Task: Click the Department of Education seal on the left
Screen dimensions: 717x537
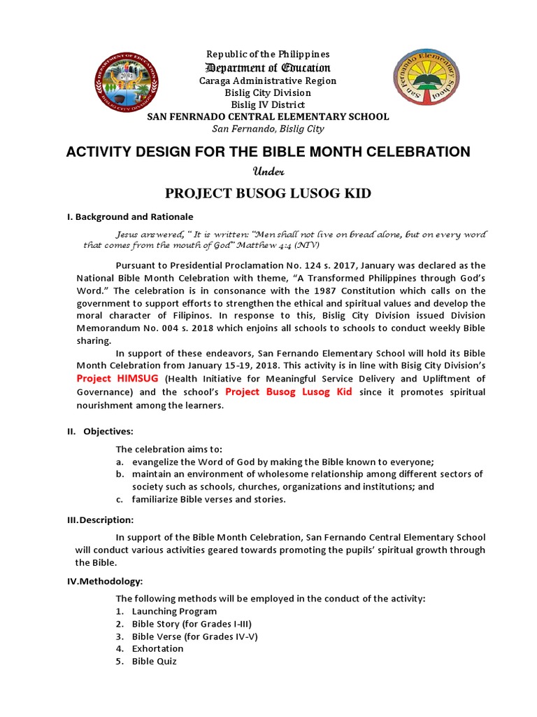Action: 127,88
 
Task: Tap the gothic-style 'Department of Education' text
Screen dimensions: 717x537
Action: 268,67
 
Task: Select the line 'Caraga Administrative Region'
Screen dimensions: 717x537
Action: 268,81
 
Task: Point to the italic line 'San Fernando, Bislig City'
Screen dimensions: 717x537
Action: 268,128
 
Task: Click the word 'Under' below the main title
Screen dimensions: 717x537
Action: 268,172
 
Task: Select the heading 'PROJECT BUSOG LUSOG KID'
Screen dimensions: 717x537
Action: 268,193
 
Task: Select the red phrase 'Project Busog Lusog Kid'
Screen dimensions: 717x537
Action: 289,391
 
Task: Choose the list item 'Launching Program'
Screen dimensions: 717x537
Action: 174,611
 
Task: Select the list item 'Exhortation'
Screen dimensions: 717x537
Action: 157,648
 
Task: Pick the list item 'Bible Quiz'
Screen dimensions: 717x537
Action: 155,661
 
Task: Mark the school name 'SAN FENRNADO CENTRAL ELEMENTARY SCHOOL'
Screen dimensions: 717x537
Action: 268,117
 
